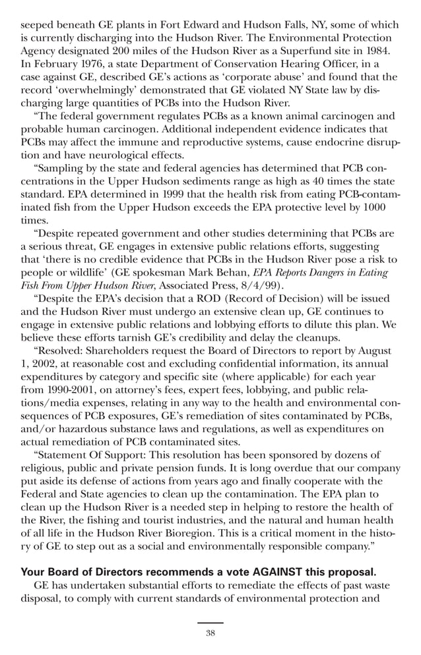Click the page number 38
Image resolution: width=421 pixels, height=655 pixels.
tap(210, 633)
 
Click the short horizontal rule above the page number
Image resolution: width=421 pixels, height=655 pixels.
tap(210, 623)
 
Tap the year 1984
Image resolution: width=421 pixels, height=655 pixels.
tap(376, 51)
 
